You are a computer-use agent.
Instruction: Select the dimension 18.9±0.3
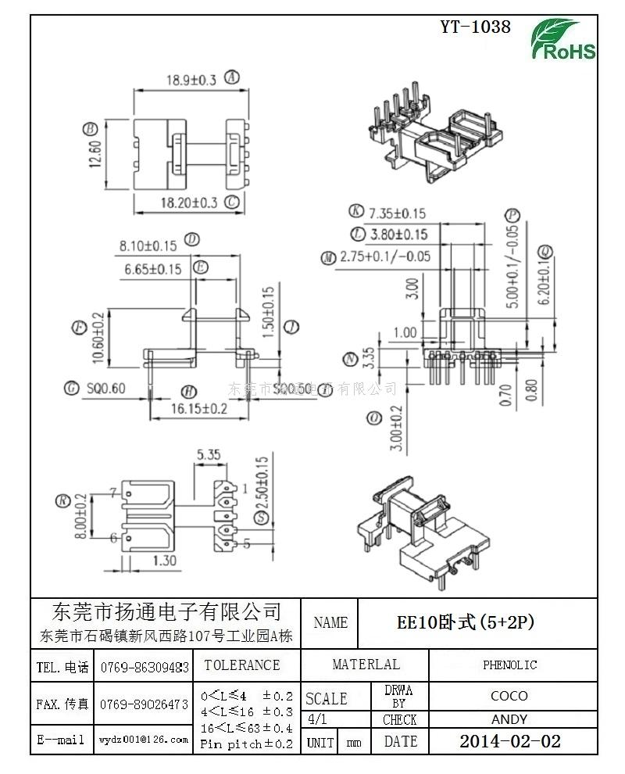pyautogui.click(x=191, y=79)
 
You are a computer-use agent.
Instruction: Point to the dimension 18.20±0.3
pyautogui.click(x=188, y=202)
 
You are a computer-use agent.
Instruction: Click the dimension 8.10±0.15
pyautogui.click(x=148, y=245)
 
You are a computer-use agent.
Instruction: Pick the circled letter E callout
pyautogui.click(x=201, y=268)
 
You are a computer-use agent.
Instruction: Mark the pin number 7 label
pyautogui.click(x=113, y=493)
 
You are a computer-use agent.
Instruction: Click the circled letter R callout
pyautogui.click(x=60, y=502)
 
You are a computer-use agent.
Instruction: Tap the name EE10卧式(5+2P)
pyautogui.click(x=466, y=622)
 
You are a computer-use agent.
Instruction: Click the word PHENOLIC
pyautogui.click(x=509, y=665)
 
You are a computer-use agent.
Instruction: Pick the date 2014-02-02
pyautogui.click(x=509, y=741)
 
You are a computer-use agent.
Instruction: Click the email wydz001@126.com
pyautogui.click(x=144, y=740)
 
